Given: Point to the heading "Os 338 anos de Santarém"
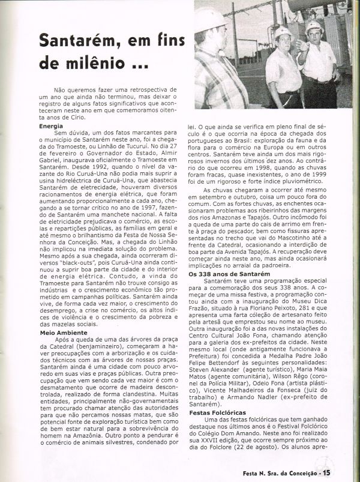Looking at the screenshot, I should tap(226, 274).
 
